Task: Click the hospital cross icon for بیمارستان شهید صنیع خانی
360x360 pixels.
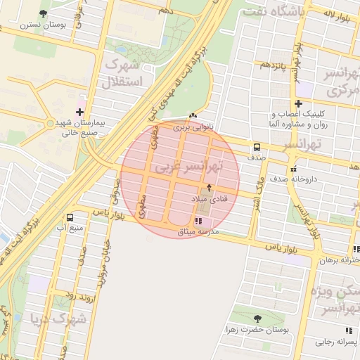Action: (79, 112)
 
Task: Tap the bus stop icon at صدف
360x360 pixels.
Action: (257, 148)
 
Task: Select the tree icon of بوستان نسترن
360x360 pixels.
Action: (44, 13)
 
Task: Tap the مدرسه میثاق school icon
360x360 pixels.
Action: (207, 221)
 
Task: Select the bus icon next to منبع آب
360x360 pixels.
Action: (70, 218)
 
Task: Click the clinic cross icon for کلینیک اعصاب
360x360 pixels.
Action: (298, 103)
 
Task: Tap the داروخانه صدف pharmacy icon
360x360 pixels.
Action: (293, 169)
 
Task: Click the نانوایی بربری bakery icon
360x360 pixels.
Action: (193, 116)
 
